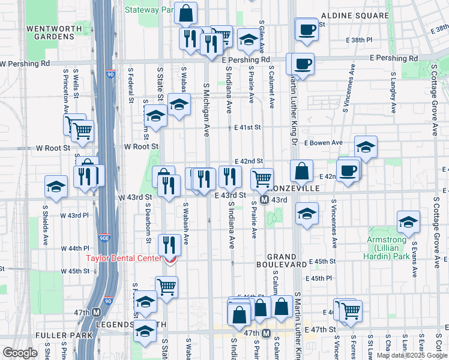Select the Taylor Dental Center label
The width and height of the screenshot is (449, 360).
coord(123,259)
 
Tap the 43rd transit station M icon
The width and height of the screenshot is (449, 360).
coord(264,200)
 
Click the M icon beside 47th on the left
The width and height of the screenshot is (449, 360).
coord(96,313)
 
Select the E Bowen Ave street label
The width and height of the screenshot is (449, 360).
coord(323,143)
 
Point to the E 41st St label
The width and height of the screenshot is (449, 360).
coord(248,127)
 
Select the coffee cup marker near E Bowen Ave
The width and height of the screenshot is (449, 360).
coord(348,170)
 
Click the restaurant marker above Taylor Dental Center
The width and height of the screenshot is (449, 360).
coord(170,244)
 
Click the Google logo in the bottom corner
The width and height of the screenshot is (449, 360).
coord(20,353)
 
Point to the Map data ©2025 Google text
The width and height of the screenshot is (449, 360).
coord(412,355)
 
